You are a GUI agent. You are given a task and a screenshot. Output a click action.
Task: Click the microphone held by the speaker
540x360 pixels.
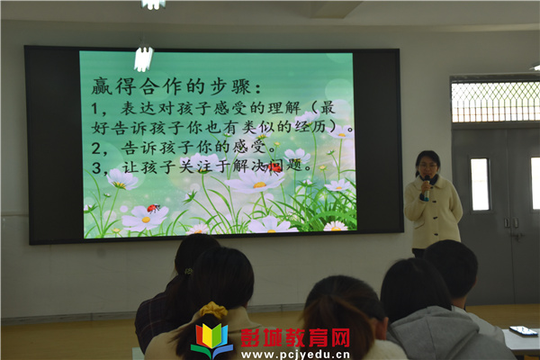coord(427,188)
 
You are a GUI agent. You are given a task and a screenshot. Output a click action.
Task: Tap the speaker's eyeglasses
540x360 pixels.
coord(427,166)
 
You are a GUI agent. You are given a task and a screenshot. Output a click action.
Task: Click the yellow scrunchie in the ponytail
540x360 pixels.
coord(213,309)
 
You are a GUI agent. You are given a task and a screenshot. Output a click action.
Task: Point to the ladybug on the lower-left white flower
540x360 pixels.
coord(154,208)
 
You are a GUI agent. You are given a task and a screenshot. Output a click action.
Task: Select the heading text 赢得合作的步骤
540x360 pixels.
coord(171,86)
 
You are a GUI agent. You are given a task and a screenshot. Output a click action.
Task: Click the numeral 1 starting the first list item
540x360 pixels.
coord(95,109)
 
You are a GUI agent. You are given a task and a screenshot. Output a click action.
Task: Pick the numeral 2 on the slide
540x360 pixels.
coord(96,148)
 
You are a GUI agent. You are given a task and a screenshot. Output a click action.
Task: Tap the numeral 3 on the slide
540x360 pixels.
coord(96,168)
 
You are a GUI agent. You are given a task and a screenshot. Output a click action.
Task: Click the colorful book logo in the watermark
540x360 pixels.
coord(211,340)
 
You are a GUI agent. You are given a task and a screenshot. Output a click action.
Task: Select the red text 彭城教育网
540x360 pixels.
coord(295,337)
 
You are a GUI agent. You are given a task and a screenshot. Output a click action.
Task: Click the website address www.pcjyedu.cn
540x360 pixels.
coord(295,355)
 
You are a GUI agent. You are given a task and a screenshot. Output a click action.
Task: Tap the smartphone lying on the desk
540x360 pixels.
coord(523,330)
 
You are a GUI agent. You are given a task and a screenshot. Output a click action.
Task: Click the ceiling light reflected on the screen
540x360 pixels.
coord(144,58)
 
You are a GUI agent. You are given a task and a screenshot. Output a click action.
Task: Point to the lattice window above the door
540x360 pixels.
coord(495,102)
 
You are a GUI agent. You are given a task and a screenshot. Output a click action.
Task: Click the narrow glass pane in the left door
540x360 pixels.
coord(480,184)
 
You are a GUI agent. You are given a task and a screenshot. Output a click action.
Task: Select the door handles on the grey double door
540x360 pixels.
coord(511,223)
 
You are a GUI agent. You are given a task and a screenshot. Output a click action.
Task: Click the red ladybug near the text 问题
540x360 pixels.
coord(274,167)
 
